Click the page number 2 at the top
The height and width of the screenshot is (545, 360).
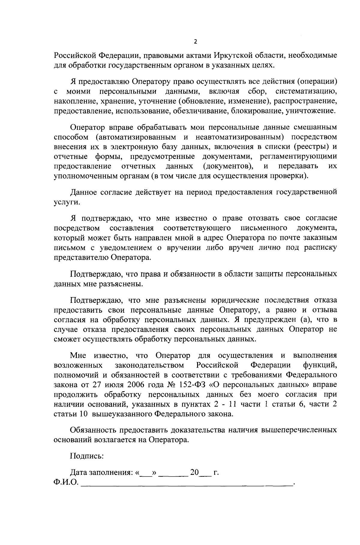point(195,42)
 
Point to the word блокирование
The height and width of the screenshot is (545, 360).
point(257,111)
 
